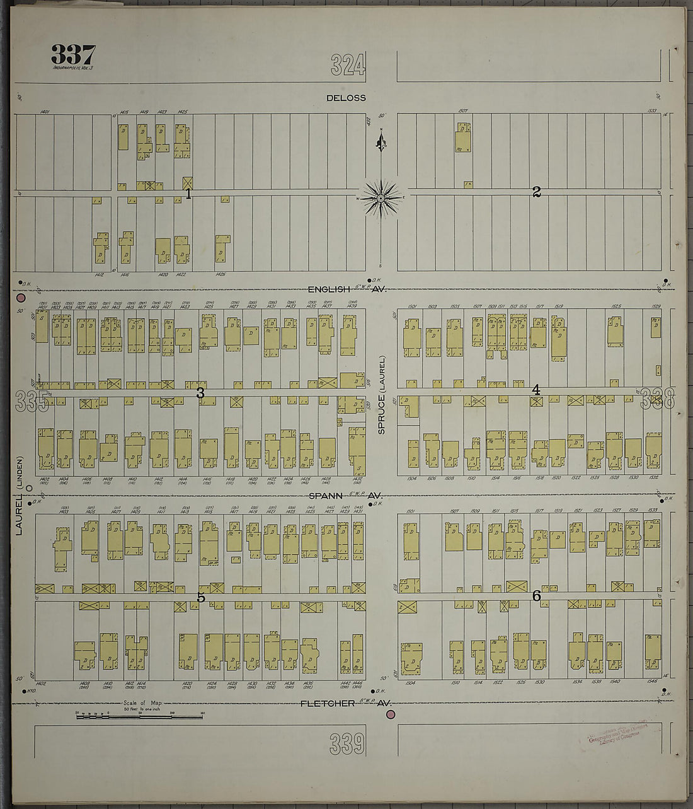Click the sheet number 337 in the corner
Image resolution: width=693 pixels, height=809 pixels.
73,56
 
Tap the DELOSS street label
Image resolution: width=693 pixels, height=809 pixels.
346,98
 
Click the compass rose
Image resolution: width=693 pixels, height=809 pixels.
381,198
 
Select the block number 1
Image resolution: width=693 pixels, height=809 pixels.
188,194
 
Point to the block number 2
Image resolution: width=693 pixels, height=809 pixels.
536,192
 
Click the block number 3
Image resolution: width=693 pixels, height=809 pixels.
200,393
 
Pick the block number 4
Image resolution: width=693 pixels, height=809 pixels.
535,390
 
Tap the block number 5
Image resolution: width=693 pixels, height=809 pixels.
201,597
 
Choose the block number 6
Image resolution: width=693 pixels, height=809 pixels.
537,595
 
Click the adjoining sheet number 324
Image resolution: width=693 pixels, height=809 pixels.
348,64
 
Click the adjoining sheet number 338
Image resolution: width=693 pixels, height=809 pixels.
658,398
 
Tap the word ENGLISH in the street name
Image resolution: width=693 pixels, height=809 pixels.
328,289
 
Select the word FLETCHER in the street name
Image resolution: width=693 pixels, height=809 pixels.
328,703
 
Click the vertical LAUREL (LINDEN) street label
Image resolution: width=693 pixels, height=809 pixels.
19,496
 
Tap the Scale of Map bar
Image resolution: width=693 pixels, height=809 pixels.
139,716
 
